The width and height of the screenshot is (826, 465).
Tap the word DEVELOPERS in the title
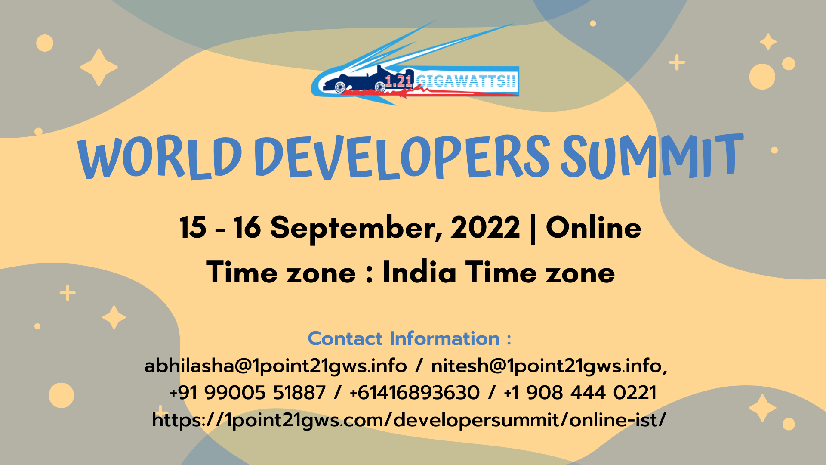point(402,157)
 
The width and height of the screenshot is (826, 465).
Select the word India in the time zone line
point(419,272)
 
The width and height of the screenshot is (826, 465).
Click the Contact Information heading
point(410,338)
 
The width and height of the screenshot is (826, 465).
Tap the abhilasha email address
point(276,366)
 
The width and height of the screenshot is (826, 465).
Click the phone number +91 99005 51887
point(248,393)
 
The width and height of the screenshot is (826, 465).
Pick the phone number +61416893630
point(415,393)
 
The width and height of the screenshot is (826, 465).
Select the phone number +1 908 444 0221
point(580,393)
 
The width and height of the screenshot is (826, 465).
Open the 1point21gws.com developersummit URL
point(409,420)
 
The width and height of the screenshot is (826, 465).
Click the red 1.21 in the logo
point(399,81)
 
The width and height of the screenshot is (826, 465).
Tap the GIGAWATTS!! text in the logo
point(466,81)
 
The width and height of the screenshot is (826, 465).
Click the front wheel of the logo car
point(380,87)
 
